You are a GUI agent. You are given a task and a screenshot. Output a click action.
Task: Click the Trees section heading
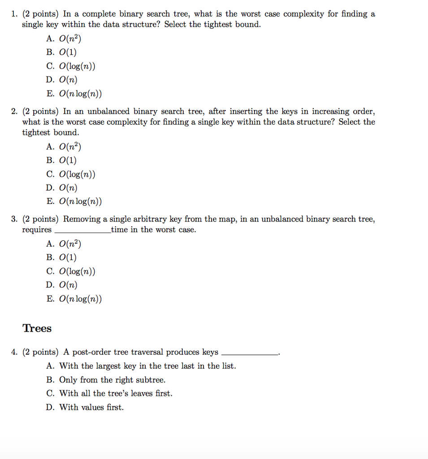tap(37, 329)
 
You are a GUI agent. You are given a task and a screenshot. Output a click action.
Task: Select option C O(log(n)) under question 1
tap(71, 67)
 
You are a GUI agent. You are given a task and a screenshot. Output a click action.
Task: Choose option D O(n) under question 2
tap(62, 188)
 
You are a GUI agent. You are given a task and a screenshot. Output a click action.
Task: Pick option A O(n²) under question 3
tap(64, 244)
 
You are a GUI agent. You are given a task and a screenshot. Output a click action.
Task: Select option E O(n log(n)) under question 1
tap(74, 94)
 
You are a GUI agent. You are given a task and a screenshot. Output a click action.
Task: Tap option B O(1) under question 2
tap(62, 160)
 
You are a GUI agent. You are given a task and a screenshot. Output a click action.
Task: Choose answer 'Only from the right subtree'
tap(106, 380)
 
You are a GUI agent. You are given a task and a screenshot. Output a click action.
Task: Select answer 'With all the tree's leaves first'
tap(109, 394)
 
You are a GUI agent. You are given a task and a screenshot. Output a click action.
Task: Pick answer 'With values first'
tap(85, 407)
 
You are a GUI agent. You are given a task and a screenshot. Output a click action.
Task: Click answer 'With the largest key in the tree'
tap(141, 366)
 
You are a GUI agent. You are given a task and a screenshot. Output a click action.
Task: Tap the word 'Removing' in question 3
tap(79, 219)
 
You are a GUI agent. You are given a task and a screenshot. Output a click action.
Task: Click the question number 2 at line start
tap(14, 111)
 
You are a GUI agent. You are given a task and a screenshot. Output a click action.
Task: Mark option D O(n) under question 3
tap(62, 285)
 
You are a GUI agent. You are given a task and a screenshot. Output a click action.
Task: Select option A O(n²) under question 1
tap(64, 39)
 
